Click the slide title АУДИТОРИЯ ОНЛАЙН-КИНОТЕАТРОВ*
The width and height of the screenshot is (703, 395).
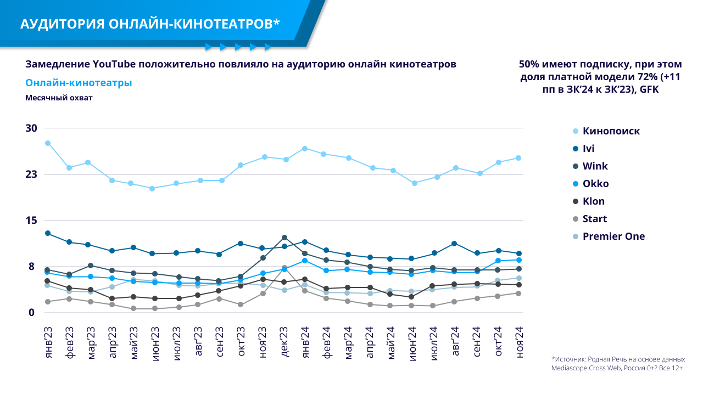150,24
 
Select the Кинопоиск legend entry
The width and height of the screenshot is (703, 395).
611,131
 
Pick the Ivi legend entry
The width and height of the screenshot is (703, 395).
588,149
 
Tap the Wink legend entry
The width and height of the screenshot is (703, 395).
595,166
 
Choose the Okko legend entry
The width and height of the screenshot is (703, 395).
595,184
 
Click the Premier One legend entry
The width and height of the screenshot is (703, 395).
613,236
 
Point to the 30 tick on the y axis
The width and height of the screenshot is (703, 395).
31,128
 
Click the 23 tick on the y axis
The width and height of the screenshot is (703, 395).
31,174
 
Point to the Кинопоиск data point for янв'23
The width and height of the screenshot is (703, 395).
48,143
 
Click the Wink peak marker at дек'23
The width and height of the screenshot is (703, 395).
284,238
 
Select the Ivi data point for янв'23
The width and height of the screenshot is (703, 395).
48,233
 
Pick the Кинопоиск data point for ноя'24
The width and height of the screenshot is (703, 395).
518,158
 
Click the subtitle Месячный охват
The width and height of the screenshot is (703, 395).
59,98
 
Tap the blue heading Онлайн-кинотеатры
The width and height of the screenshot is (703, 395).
79,83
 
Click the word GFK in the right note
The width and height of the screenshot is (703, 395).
648,89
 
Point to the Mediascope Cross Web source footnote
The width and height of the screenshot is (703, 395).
617,363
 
